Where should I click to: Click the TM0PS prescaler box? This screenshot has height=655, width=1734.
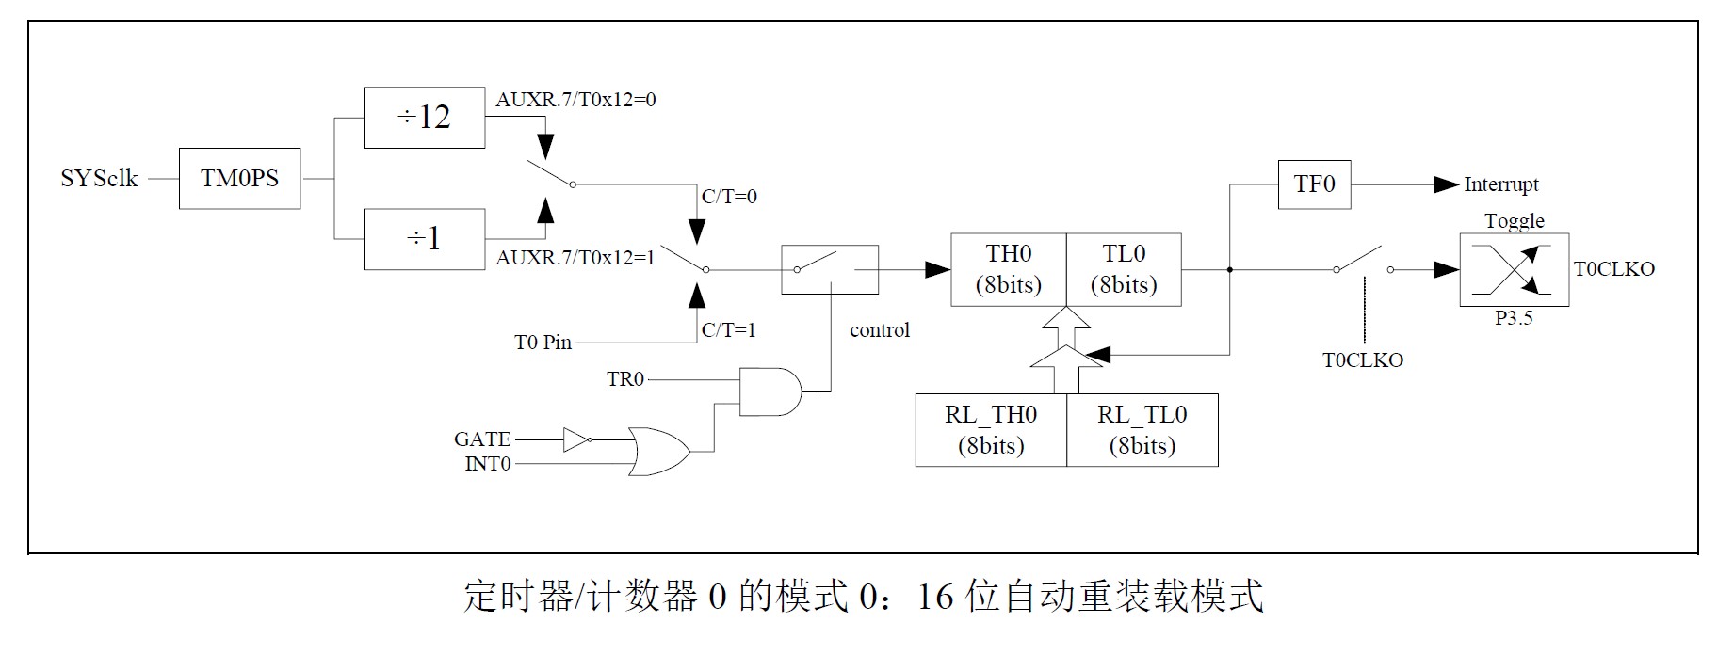tap(239, 179)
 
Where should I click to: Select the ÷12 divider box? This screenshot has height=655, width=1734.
tap(424, 118)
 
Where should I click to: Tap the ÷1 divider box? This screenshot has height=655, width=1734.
tap(424, 239)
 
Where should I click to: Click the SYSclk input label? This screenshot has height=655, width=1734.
tap(99, 179)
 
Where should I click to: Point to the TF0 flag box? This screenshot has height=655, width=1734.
tap(1314, 184)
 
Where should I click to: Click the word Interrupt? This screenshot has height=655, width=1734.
tap(1500, 184)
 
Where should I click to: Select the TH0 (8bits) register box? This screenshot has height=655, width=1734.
tap(1008, 269)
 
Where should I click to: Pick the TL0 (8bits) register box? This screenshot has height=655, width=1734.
tap(1124, 269)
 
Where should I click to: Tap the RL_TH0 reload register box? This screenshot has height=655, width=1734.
tap(991, 430)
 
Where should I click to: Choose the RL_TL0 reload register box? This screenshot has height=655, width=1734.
tap(1142, 430)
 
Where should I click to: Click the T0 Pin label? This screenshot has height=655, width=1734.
tap(543, 343)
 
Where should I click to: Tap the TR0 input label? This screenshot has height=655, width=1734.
tap(625, 379)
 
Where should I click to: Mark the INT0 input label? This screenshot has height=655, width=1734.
tap(488, 464)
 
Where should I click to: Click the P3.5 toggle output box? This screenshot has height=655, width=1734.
tap(1514, 271)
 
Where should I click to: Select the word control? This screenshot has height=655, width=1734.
tap(880, 330)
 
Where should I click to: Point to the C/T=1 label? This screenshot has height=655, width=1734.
tap(729, 330)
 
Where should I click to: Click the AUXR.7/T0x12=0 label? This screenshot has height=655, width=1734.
tap(575, 100)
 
